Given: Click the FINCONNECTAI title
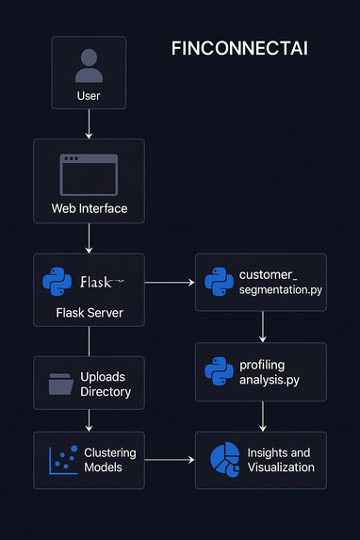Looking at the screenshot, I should (x=239, y=49).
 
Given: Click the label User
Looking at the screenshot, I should (x=89, y=96).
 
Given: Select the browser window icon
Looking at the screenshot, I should (x=89, y=174).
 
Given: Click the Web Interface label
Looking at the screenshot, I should (x=89, y=207).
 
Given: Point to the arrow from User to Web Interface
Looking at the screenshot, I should (x=89, y=123).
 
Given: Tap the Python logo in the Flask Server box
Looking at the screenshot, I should (x=58, y=282).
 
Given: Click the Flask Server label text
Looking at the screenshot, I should (x=89, y=313).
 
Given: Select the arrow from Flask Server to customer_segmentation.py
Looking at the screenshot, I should (x=170, y=282).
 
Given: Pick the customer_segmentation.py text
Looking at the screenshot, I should (x=280, y=282).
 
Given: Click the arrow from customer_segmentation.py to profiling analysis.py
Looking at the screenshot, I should (x=262, y=326).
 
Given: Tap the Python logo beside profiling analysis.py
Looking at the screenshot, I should (x=219, y=371).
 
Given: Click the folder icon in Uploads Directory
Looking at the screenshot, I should (x=60, y=384).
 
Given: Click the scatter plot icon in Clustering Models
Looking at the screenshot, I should (x=62, y=460).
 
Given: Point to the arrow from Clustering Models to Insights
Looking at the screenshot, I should (x=170, y=460).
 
